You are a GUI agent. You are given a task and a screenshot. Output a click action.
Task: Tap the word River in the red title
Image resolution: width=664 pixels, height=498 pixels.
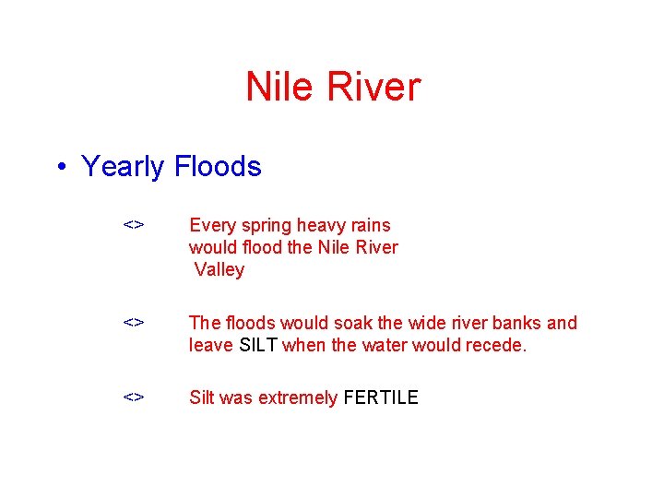click(371, 88)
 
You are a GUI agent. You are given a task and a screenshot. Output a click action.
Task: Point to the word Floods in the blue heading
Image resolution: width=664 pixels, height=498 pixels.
click(218, 166)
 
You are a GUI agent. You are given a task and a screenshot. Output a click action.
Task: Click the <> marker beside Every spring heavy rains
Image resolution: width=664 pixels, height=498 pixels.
click(134, 225)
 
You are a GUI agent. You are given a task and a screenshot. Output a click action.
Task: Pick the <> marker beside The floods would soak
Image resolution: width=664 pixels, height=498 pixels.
click(134, 323)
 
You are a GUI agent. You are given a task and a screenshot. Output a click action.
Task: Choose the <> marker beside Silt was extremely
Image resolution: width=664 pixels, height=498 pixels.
click(134, 397)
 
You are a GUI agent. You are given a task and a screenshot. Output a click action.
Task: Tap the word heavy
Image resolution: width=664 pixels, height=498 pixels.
click(318, 226)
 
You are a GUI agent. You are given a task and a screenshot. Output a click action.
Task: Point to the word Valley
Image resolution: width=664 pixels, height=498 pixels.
click(219, 270)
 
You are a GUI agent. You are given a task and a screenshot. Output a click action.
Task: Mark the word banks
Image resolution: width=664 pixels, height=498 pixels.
click(517, 323)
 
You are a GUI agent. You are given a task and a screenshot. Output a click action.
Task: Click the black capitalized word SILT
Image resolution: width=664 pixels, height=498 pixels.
click(258, 346)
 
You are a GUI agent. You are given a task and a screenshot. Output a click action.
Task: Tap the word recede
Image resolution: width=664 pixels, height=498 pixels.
click(496, 346)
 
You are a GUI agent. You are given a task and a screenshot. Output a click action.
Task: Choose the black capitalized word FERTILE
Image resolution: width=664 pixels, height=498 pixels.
click(380, 397)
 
